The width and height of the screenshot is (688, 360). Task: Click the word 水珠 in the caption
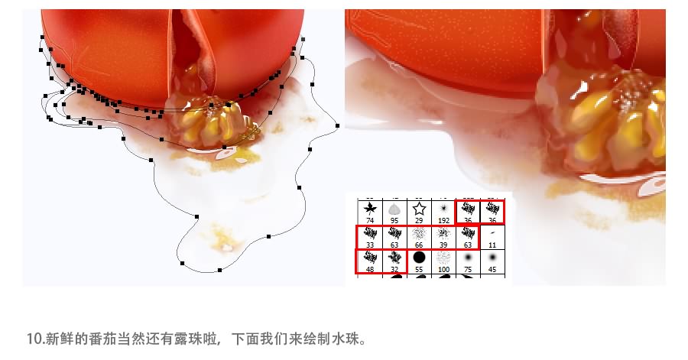(x=346, y=339)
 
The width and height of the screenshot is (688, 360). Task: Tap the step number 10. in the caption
(x=35, y=339)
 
